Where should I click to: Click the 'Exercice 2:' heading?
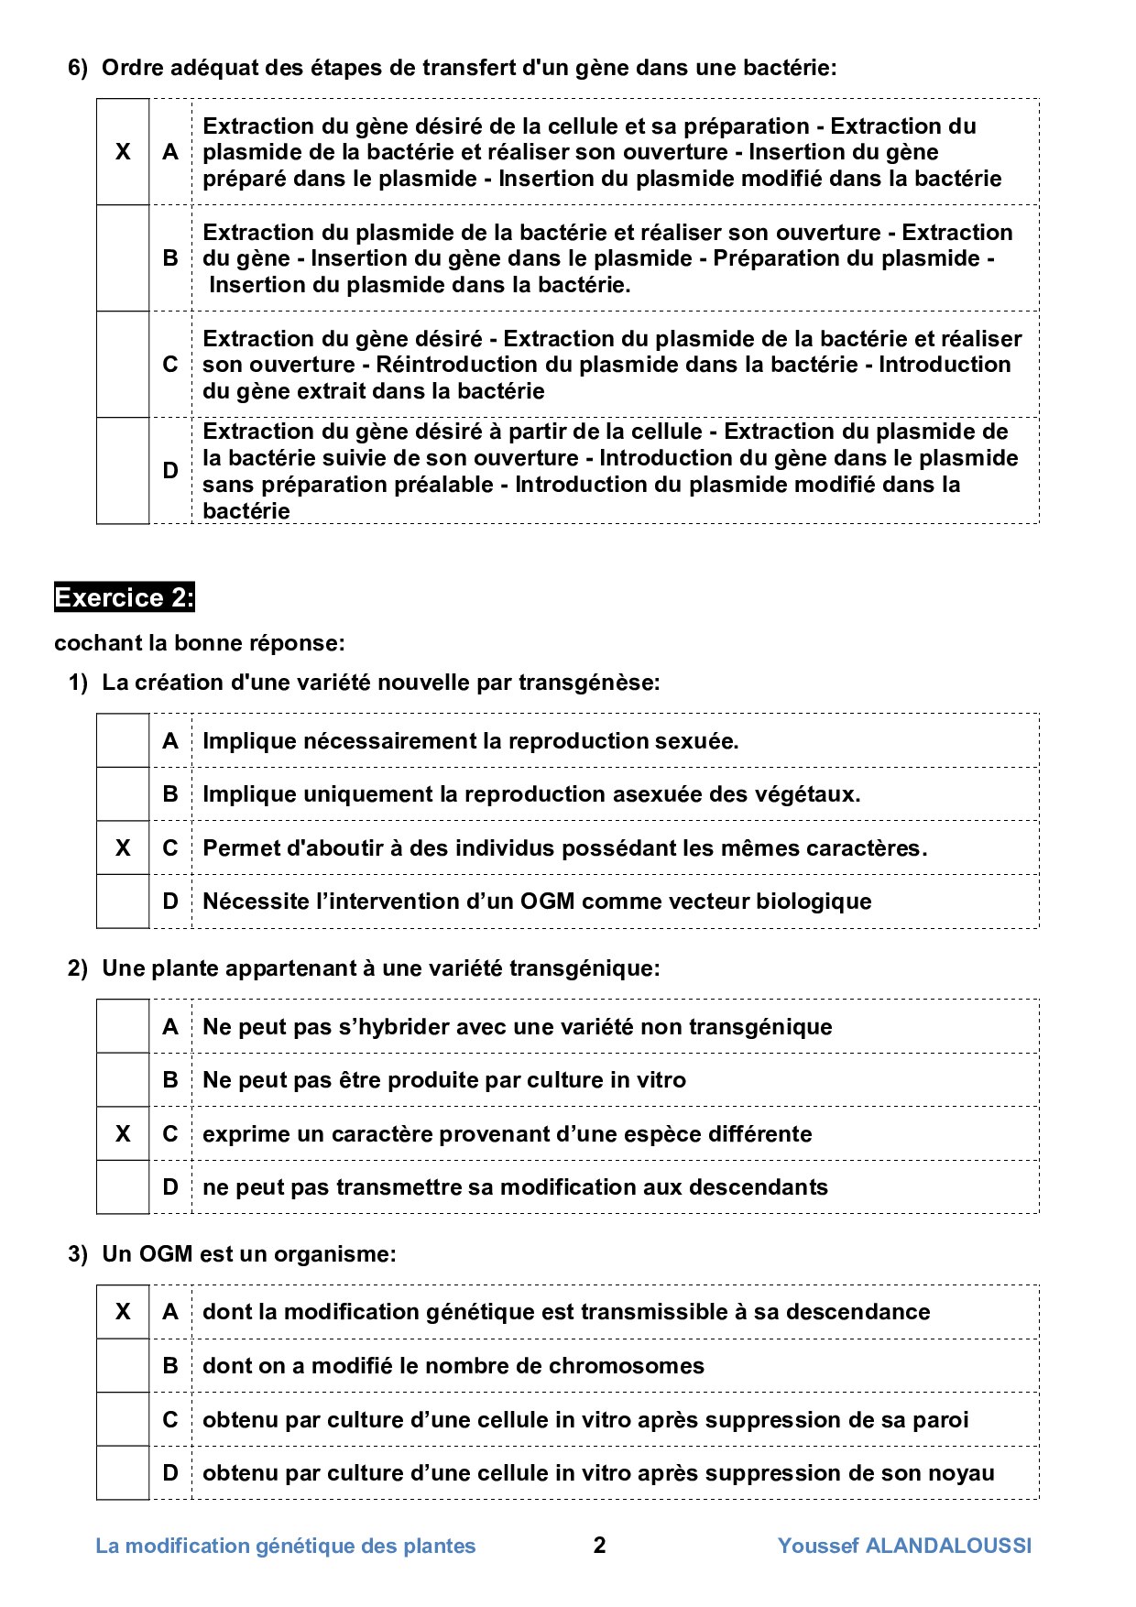pos(125,597)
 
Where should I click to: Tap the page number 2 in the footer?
pos(599,1546)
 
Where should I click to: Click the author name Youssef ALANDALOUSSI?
pos(904,1546)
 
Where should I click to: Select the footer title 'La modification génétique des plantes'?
pos(286,1546)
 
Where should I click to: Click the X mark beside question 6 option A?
pos(123,152)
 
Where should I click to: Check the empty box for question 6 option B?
pos(123,258)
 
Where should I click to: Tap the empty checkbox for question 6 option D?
pos(123,471)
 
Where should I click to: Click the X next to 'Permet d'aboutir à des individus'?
pos(123,848)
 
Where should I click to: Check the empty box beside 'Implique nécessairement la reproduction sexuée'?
pos(123,741)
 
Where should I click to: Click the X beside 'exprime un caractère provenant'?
pos(123,1134)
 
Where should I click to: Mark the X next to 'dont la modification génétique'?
pos(123,1312)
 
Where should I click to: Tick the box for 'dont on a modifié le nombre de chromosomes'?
pos(123,1366)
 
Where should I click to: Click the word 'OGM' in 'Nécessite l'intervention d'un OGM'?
pos(548,902)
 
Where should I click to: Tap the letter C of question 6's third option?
pos(170,365)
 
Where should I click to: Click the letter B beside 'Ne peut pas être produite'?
pos(170,1080)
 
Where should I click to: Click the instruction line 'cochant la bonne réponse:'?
pos(200,643)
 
